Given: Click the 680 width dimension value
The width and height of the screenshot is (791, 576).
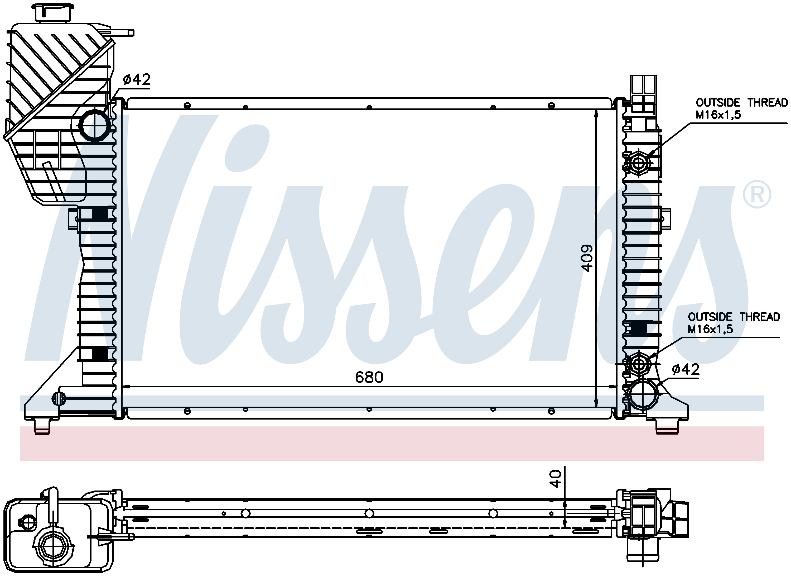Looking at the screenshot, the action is click(369, 377).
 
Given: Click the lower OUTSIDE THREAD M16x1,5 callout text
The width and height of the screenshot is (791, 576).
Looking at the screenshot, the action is click(734, 323).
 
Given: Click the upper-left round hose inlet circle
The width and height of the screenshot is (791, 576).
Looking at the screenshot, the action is click(95, 126).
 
